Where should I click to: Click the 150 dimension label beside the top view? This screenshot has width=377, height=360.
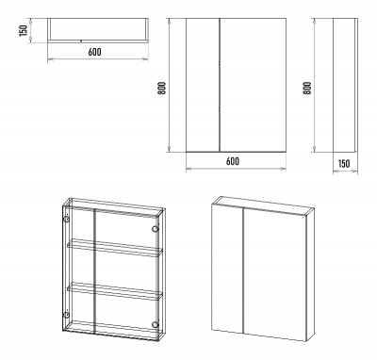[24, 30]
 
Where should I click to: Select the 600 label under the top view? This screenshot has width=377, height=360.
[94, 52]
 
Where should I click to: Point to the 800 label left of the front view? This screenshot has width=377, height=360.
[161, 89]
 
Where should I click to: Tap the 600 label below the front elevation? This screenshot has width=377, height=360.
[233, 161]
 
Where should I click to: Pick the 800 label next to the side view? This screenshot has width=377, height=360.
[307, 89]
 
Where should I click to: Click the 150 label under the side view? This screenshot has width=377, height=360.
[344, 164]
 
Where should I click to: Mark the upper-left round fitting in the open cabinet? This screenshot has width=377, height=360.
[66, 220]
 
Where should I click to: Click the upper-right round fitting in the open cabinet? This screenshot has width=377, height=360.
[155, 229]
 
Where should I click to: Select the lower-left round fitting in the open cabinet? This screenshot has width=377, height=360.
[66, 315]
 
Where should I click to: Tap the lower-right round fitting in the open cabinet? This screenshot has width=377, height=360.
[155, 324]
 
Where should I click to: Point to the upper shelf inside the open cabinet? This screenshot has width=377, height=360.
[115, 248]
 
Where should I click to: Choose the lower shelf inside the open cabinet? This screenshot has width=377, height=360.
[115, 291]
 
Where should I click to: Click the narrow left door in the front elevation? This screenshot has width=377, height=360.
[203, 85]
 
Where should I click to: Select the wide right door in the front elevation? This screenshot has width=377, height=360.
[253, 85]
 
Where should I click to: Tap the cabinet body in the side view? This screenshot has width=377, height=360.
[345, 85]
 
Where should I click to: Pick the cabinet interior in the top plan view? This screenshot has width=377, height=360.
[98, 29]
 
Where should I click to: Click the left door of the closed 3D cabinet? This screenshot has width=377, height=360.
[227, 268]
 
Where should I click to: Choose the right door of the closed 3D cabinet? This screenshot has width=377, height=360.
[275, 275]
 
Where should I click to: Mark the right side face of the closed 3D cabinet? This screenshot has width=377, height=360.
[310, 274]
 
